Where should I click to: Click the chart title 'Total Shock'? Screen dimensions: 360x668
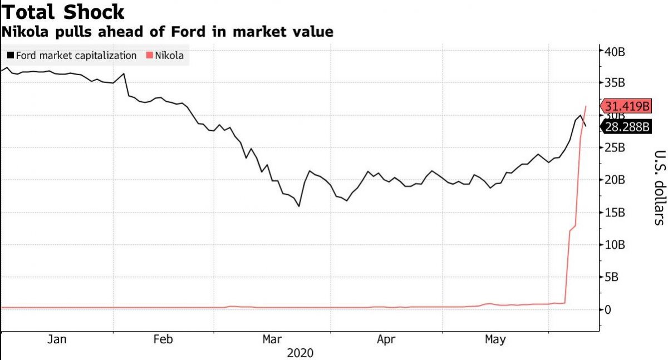[62, 12]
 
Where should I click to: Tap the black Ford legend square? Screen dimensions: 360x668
[10, 56]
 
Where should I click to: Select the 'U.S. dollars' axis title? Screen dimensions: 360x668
[659, 188]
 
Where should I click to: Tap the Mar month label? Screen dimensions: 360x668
[272, 339]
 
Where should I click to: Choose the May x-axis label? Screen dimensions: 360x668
[495, 339]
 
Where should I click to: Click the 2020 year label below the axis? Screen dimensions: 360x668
[300, 353]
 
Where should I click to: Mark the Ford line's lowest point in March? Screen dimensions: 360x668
[299, 206]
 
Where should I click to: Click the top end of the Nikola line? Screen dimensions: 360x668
[586, 106]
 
